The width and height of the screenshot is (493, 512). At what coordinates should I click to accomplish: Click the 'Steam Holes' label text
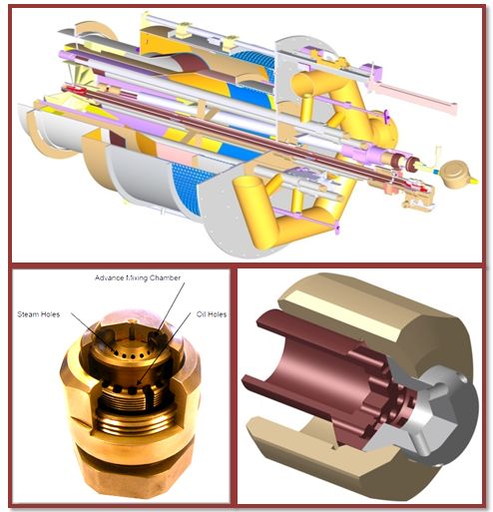coord(39,314)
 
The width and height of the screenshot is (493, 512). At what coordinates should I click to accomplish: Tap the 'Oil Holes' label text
coord(212,314)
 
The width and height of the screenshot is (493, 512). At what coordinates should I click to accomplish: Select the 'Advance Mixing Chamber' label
coord(138,277)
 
